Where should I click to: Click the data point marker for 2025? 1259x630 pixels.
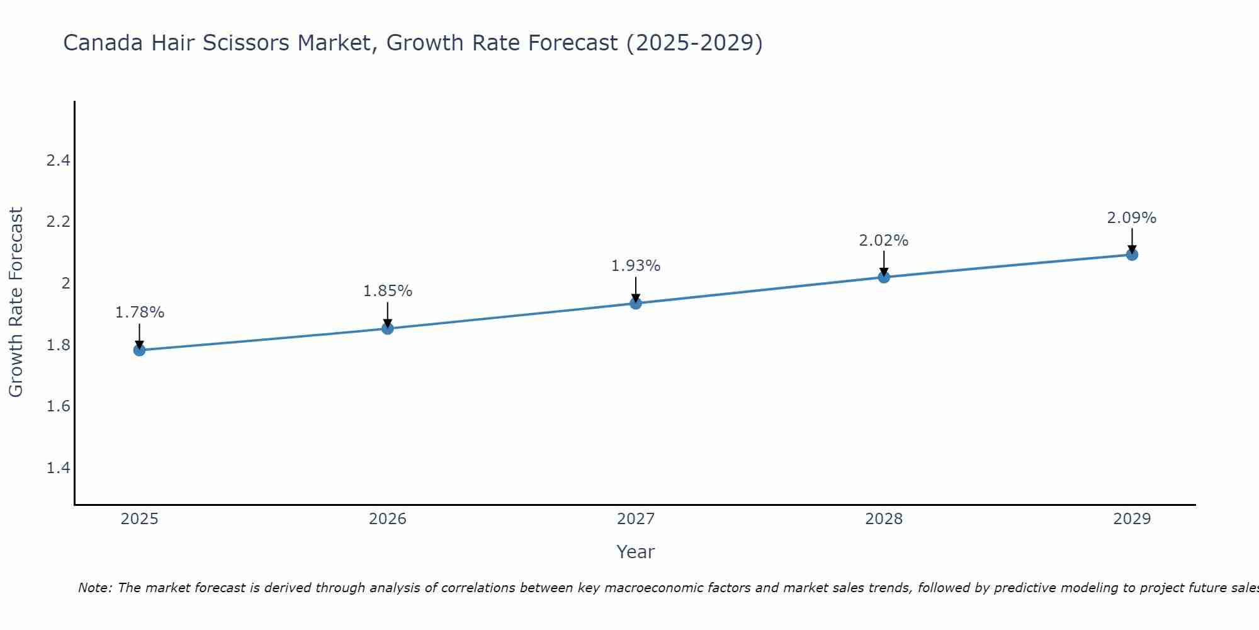click(139, 350)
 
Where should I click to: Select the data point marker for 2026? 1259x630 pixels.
click(388, 328)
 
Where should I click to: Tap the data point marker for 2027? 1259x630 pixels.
click(636, 303)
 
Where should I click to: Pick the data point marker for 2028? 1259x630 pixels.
click(884, 277)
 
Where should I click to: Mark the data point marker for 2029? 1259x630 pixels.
click(1132, 255)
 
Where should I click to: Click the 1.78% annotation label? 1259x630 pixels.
click(140, 312)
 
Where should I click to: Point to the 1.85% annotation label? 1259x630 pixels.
click(388, 291)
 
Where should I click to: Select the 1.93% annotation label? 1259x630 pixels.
click(636, 266)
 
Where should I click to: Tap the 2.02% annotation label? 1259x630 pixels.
click(884, 241)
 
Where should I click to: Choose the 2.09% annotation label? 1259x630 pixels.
click(1132, 218)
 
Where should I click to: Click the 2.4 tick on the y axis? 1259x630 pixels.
click(58, 161)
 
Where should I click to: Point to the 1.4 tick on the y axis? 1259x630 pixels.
click(58, 467)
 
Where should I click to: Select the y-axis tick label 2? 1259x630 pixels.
click(65, 283)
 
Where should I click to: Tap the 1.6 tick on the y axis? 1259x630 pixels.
click(58, 406)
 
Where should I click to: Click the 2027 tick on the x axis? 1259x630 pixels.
click(636, 519)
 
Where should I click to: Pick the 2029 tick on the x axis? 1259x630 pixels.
click(1132, 519)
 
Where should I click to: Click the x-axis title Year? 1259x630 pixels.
click(636, 552)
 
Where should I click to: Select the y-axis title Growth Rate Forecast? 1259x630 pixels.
click(16, 302)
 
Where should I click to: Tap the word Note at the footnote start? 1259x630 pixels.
click(94, 588)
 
